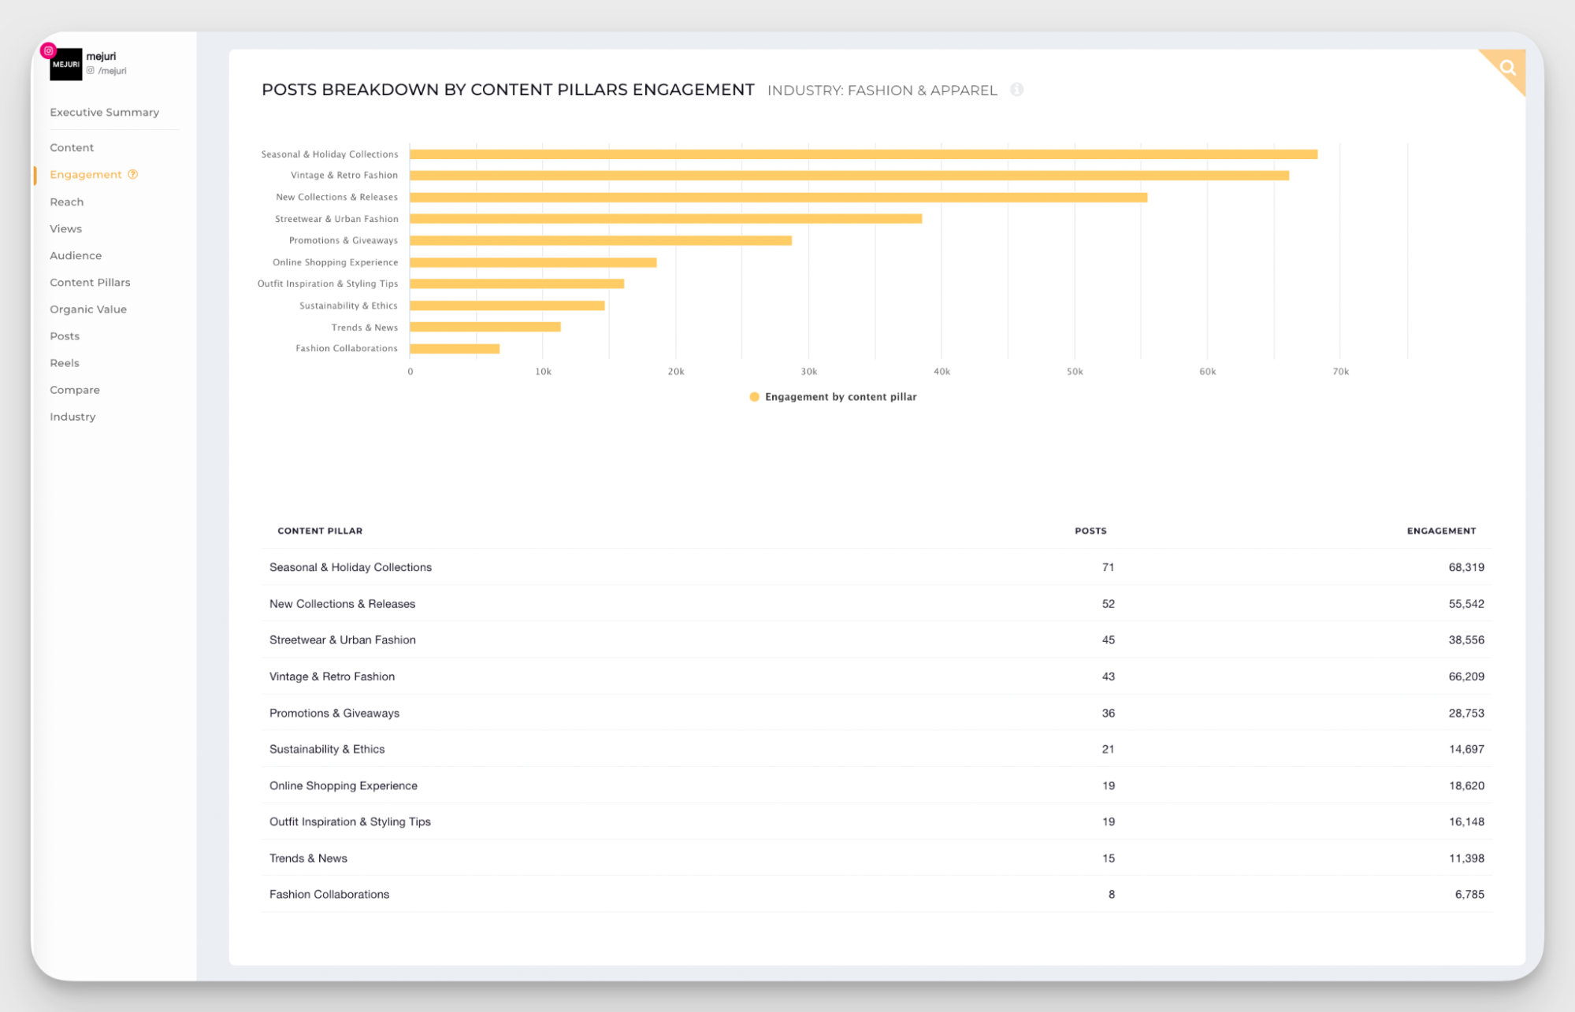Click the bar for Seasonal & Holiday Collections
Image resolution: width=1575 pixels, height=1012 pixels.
pyautogui.click(x=863, y=154)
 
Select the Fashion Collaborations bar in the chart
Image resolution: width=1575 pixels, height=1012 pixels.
pyautogui.click(x=455, y=349)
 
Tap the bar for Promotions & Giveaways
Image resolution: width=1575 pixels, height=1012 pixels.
pyautogui.click(x=600, y=241)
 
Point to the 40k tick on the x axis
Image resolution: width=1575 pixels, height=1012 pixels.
pyautogui.click(x=942, y=372)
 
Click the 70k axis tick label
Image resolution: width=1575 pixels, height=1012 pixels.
pyautogui.click(x=1340, y=372)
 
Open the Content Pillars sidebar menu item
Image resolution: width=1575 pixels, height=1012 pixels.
pyautogui.click(x=90, y=283)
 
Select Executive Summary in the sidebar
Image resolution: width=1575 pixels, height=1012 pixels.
pyautogui.click(x=104, y=113)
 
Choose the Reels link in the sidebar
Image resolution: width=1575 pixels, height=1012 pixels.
pyautogui.click(x=65, y=363)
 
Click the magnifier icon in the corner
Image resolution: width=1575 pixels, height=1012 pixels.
pyautogui.click(x=1507, y=68)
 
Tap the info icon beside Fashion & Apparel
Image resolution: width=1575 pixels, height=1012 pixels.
pyautogui.click(x=1016, y=90)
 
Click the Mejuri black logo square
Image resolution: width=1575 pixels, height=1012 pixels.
pyautogui.click(x=66, y=65)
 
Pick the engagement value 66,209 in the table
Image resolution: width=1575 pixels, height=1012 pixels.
pyautogui.click(x=1465, y=677)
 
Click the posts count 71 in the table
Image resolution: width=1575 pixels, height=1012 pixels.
pyautogui.click(x=1108, y=567)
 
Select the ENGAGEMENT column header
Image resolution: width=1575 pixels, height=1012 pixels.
pyautogui.click(x=1441, y=531)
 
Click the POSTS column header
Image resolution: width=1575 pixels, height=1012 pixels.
pyautogui.click(x=1090, y=531)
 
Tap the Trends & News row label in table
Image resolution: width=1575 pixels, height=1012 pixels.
pyautogui.click(x=308, y=858)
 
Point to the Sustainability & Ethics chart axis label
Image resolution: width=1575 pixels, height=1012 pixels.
pyautogui.click(x=348, y=306)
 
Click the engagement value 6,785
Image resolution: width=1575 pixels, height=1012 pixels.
pyautogui.click(x=1469, y=895)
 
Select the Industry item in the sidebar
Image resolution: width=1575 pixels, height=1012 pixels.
pyautogui.click(x=72, y=417)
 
